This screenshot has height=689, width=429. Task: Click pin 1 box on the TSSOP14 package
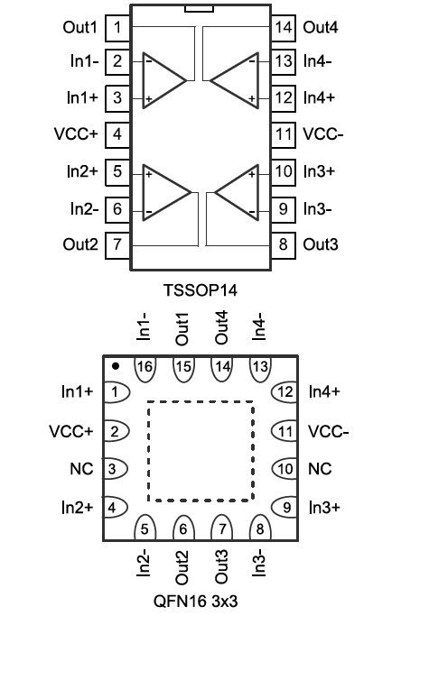coord(117,28)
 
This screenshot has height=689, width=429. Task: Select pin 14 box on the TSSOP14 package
coord(283,28)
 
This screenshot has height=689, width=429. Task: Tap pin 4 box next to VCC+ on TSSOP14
coord(117,134)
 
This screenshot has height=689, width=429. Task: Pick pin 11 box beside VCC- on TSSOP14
coord(283,134)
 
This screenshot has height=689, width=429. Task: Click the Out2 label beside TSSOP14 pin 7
coord(80,244)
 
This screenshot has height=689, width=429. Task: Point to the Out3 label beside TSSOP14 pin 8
coord(321,244)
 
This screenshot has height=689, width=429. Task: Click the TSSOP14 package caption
coord(201,290)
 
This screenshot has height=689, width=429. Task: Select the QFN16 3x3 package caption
coord(195,602)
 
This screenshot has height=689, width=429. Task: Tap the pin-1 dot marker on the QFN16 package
coord(116,366)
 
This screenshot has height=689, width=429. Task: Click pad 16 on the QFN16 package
coord(145,366)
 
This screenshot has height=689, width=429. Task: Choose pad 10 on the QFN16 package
coord(284,469)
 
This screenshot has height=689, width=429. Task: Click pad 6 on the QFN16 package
coord(183,528)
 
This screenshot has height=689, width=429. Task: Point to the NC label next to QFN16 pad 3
coord(81,469)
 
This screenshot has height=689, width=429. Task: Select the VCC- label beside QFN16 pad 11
coord(328,432)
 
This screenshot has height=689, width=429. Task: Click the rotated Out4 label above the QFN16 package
coord(221,327)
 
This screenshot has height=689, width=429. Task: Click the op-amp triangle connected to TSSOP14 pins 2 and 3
coord(164,80)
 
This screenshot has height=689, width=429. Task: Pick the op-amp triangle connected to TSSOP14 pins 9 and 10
coord(237,192)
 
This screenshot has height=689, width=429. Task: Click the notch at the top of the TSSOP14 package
coord(199,9)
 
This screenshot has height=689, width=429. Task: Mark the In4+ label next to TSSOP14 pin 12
coord(319,97)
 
